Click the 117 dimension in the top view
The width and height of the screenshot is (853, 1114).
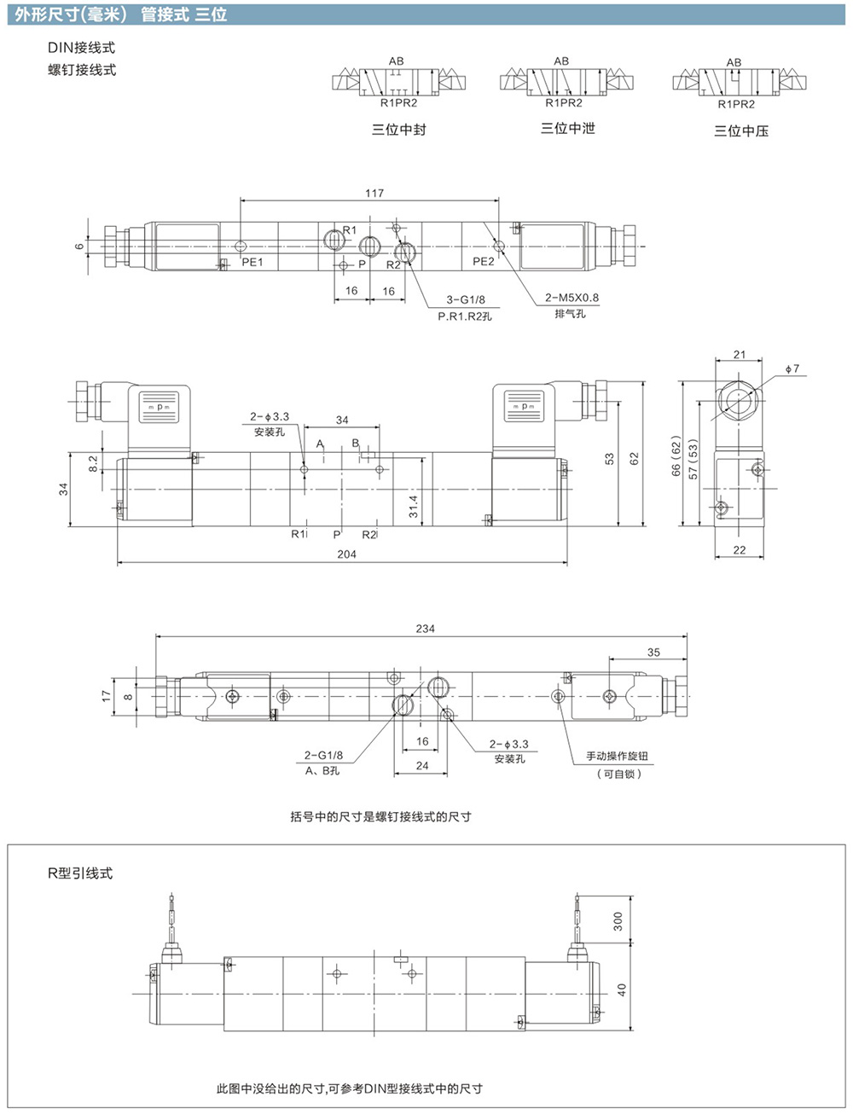374,193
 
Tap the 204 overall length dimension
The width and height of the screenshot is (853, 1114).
346,554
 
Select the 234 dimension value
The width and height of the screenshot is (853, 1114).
425,629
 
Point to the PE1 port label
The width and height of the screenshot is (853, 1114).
252,262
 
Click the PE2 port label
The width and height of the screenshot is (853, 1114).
484,262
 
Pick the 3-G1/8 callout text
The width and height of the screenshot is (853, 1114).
466,299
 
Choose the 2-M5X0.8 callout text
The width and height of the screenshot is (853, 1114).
572,298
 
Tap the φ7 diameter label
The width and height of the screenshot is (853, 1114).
792,368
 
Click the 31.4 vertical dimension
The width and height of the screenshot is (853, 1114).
414,507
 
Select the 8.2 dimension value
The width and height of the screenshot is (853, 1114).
93,464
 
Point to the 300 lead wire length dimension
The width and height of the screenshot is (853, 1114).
618,921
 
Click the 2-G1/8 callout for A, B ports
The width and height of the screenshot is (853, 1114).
323,755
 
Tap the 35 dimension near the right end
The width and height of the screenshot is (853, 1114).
653,652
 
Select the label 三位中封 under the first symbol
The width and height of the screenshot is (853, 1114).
399,129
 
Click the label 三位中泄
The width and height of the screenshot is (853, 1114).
568,128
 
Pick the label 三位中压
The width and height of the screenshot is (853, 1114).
741,131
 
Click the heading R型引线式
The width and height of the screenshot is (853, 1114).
80,873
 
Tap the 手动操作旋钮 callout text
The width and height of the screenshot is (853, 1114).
618,756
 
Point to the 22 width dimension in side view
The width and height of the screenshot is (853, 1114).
740,550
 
